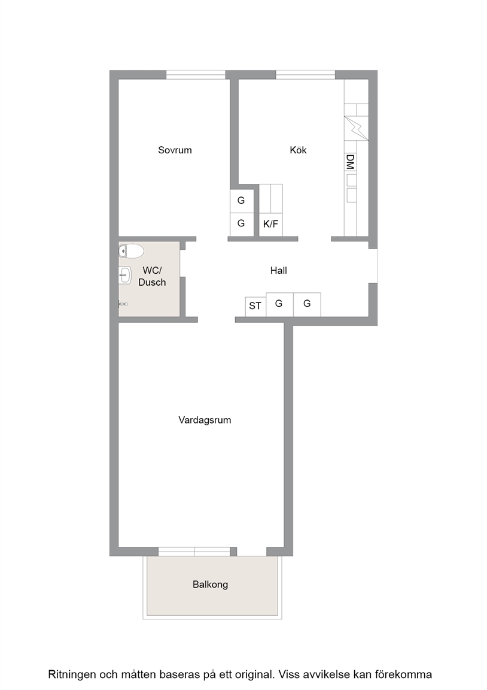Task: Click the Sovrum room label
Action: point(175,150)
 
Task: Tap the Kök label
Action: point(298,150)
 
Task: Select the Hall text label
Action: point(279,270)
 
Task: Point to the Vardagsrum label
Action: point(205,420)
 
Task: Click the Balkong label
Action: point(210,585)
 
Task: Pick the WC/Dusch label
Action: point(152,276)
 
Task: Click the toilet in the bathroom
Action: point(132,252)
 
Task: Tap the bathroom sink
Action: point(125,276)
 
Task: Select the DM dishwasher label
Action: point(351,162)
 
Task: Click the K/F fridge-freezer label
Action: point(271,224)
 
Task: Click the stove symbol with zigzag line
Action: point(357,128)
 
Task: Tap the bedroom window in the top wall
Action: point(196,75)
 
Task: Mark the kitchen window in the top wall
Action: point(306,75)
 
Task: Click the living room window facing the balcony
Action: point(194,552)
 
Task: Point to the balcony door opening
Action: point(252,552)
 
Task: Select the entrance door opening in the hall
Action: point(373,266)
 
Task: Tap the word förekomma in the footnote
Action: point(403,674)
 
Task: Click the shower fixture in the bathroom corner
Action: point(123,304)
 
